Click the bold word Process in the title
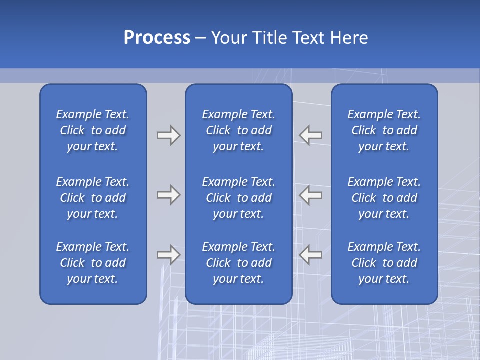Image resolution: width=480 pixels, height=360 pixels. [x=157, y=37]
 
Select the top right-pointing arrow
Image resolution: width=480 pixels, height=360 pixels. [x=168, y=135]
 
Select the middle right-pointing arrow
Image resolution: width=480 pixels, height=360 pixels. [x=168, y=195]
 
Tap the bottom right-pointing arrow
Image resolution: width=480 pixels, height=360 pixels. [x=168, y=255]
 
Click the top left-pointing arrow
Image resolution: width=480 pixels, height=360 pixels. [x=311, y=135]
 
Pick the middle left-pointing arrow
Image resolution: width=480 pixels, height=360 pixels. [x=311, y=195]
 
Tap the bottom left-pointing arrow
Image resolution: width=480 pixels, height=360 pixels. [x=311, y=255]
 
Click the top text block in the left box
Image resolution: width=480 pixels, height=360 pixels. [x=93, y=130]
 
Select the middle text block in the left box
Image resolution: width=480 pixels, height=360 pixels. [x=93, y=198]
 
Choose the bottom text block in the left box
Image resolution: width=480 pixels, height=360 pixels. [x=93, y=263]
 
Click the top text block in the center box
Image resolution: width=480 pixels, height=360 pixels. [x=239, y=130]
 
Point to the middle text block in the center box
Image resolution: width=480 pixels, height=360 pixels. [x=239, y=198]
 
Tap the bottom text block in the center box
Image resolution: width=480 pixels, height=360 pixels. [x=239, y=263]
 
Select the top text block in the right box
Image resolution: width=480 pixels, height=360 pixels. [x=384, y=130]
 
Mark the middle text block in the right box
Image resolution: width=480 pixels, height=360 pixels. [x=384, y=198]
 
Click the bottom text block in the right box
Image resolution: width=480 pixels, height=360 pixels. [x=384, y=263]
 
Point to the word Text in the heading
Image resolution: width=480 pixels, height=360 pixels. [x=309, y=37]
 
